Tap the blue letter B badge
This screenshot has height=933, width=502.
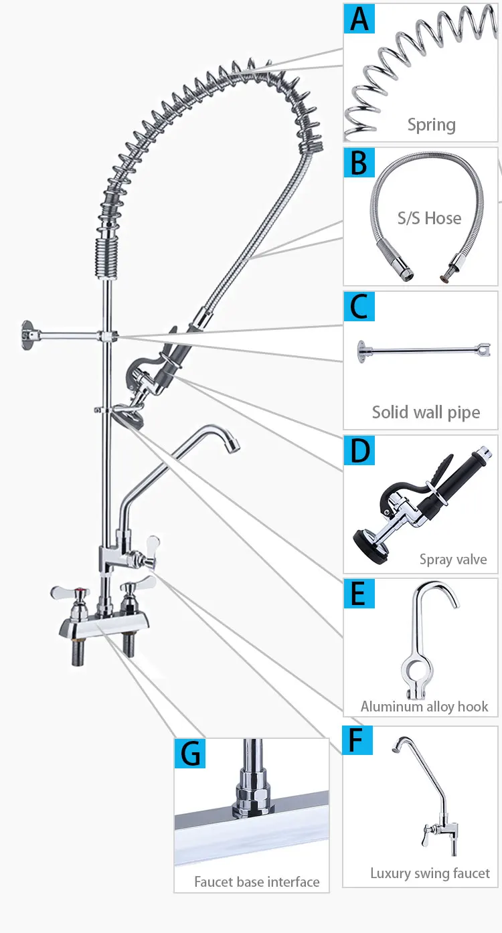[x=359, y=162]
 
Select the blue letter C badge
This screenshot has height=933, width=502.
[x=359, y=306]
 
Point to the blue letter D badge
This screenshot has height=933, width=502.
[x=359, y=450]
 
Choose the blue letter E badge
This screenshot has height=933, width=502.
[x=359, y=593]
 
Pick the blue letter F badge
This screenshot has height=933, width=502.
[x=357, y=740]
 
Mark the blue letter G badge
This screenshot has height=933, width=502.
[x=190, y=753]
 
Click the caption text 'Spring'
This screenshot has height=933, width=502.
[x=431, y=125]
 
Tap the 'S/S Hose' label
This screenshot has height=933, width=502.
[x=429, y=218]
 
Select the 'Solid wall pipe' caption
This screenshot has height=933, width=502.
[x=426, y=412]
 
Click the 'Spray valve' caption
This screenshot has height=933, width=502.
[x=453, y=560]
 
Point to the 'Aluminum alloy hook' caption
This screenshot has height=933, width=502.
[x=424, y=706]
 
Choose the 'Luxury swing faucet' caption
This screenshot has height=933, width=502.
[x=430, y=873]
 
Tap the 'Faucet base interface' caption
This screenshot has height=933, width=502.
[x=256, y=881]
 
